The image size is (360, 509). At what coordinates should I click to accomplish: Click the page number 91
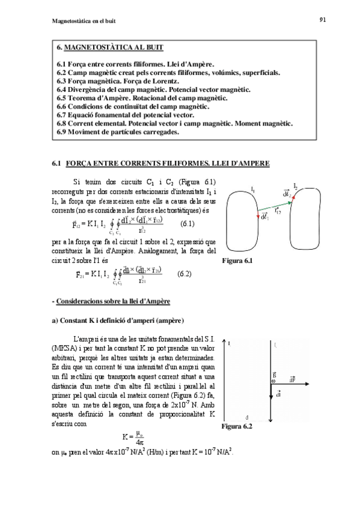tap(322, 20)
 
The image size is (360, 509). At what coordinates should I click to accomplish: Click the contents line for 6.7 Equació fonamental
tap(126, 114)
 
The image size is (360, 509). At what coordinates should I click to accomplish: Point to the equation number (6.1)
tap(188, 223)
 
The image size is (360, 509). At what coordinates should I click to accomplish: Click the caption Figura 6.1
tap(238, 261)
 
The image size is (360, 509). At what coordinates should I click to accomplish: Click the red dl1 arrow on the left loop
tap(258, 215)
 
